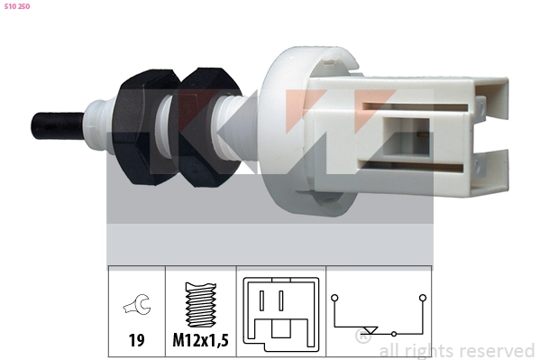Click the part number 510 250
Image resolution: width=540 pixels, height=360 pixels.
(17, 6)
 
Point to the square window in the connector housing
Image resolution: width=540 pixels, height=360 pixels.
(407, 137)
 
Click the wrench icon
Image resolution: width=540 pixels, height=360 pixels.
(137, 304)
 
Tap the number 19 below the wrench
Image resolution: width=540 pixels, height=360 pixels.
(136, 340)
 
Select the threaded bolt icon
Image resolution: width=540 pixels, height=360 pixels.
(201, 305)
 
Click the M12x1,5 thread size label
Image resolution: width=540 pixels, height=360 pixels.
(200, 340)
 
